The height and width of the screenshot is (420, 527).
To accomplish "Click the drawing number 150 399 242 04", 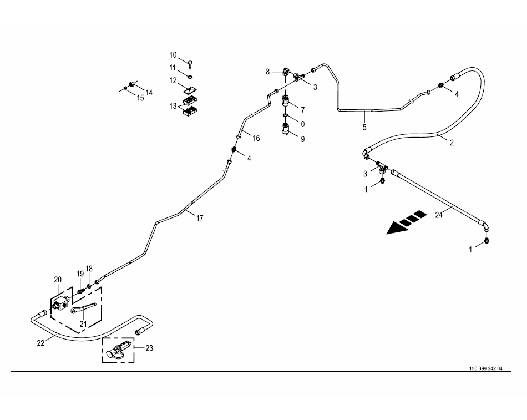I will tap(485, 368).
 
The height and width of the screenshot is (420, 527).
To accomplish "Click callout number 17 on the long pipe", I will tap(200, 218).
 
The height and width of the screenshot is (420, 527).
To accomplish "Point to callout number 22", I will tap(40, 343).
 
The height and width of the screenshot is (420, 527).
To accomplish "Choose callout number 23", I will tap(149, 348).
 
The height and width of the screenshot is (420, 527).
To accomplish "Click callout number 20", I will tap(58, 280).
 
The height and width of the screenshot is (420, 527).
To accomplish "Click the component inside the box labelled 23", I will tap(119, 352).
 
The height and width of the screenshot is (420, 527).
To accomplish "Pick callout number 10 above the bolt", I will tap(173, 55).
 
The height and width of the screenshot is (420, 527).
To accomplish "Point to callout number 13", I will tap(174, 106).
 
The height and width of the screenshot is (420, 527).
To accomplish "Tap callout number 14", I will tap(149, 92).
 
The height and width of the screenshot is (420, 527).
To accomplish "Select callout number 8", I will tap(267, 72).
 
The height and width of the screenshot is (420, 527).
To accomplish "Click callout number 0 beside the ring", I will tap(302, 123).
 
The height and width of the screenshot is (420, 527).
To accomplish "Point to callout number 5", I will tap(364, 128).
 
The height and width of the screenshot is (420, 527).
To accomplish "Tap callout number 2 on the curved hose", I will tap(452, 143).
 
